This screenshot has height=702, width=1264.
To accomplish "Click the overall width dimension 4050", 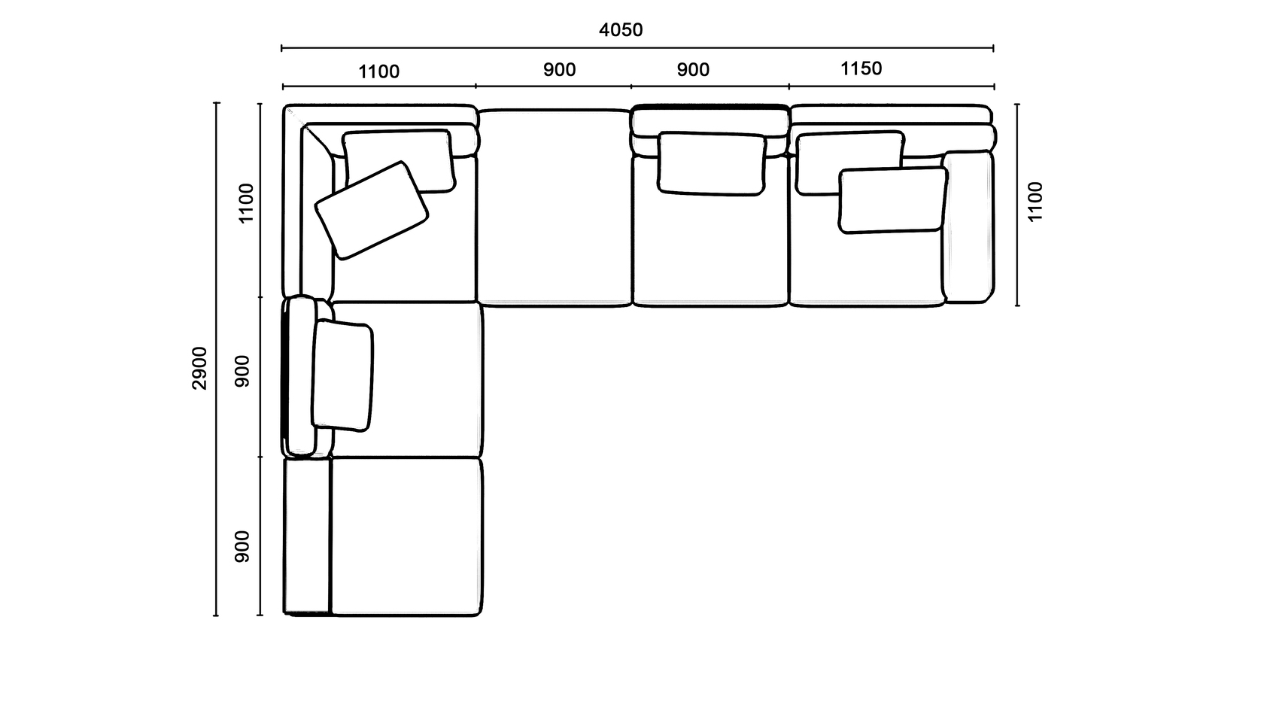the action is [621, 30].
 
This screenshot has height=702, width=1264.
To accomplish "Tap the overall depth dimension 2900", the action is [200, 368].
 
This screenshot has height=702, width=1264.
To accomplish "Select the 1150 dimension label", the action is [861, 69].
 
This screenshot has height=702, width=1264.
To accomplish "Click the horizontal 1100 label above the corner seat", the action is [379, 71].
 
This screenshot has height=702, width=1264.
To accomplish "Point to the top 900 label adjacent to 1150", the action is [693, 70].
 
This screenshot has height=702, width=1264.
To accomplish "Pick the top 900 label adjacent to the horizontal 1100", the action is [559, 70].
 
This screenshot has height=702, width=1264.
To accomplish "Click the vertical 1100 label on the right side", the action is [1035, 202].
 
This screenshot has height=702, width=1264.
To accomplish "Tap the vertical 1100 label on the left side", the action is [247, 203].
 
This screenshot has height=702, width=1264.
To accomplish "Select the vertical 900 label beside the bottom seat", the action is [242, 546].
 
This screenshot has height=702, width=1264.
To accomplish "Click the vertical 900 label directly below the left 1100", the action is [242, 372].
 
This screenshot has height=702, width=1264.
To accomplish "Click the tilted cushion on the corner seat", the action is [372, 211].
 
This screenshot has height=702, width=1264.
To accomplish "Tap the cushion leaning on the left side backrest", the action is [342, 376].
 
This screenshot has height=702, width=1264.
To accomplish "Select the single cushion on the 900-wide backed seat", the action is [712, 164].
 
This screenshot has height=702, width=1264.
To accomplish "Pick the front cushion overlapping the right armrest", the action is [892, 200].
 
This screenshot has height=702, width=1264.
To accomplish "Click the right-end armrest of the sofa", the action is [968, 227].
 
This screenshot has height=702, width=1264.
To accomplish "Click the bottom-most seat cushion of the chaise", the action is [406, 536].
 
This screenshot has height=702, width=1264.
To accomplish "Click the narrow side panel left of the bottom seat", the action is [306, 536].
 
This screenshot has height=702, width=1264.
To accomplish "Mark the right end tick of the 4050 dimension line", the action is [993, 48].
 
